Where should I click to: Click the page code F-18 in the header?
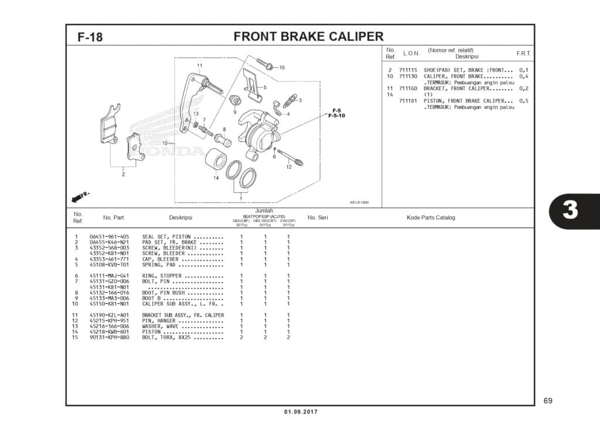coord(90,38)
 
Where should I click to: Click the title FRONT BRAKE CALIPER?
coord(308,37)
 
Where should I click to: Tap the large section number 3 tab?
coord(570,210)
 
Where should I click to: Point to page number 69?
coord(547,401)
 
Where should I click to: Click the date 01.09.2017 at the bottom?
coord(301,412)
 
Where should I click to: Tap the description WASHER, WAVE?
coord(161,326)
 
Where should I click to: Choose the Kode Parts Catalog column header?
coord(431,218)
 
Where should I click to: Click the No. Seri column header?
coord(318,218)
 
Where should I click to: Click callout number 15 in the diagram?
coord(282,67)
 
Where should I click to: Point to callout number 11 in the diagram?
coord(199,65)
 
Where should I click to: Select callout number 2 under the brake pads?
coord(123,174)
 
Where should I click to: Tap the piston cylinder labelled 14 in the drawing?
coord(216,159)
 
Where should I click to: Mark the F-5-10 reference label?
coord(336,115)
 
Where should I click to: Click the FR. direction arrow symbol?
coord(80,195)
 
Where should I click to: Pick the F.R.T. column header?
coord(523,53)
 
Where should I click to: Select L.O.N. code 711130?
coord(408,77)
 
